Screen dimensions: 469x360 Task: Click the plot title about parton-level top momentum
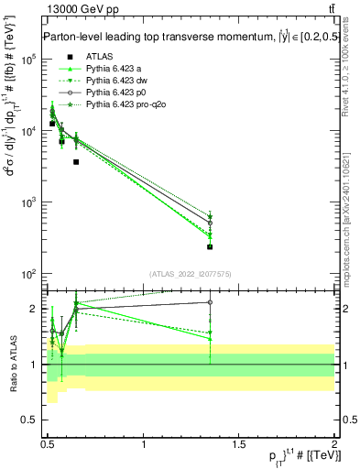tap(188, 38)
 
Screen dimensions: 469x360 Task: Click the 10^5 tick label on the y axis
tap(30, 59)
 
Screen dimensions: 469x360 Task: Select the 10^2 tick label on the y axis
tap(30, 274)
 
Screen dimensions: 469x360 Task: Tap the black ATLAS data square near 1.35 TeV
tap(210, 246)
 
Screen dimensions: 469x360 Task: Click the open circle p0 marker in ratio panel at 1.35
tap(210, 301)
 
